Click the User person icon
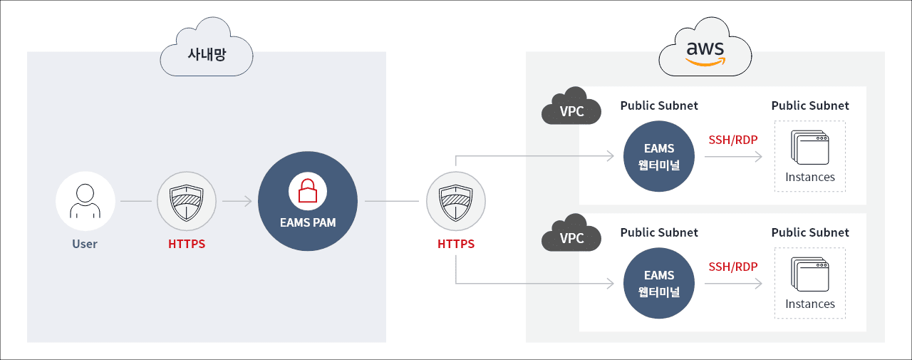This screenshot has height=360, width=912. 85,201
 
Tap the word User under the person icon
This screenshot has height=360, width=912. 85,244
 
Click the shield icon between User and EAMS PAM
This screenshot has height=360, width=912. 186,202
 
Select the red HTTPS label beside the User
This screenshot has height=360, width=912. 187,244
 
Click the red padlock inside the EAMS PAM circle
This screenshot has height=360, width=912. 308,191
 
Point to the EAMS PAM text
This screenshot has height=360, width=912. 308,222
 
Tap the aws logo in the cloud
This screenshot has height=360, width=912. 705,52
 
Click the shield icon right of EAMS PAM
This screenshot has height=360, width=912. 455,202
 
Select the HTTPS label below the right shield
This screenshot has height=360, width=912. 456,244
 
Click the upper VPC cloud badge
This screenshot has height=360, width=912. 571,111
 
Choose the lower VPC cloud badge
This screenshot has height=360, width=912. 571,238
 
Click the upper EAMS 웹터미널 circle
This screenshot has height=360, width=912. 658,157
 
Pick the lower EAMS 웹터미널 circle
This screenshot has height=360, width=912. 658,284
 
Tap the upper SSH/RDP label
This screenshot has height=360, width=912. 732,139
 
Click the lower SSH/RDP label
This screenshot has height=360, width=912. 732,267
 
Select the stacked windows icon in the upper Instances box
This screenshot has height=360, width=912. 809,148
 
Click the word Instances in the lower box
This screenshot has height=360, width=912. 810,304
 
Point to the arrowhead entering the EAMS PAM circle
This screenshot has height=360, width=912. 249,202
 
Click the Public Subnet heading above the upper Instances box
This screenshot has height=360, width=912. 810,106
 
